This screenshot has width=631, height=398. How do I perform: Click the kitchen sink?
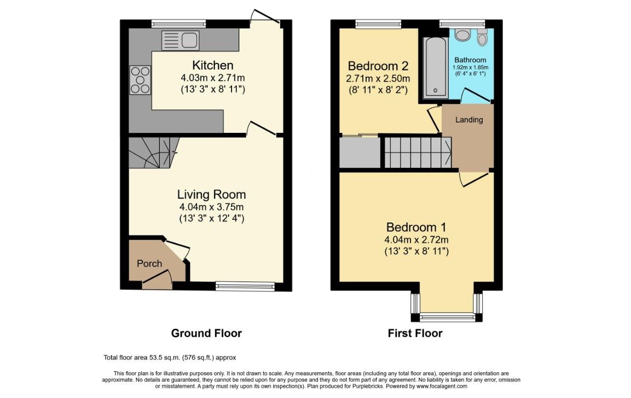[180, 40]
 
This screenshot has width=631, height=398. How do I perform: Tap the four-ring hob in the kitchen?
[140, 80]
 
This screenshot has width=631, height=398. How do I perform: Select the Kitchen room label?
[212, 65]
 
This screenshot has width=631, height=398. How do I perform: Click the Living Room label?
[211, 195]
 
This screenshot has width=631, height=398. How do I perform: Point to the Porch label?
[149, 264]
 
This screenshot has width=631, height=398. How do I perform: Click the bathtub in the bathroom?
[436, 67]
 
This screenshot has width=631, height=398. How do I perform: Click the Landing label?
[469, 120]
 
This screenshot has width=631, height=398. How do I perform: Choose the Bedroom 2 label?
[378, 66]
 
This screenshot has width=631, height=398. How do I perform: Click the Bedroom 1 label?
[416, 227]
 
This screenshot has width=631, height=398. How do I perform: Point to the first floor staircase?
[418, 153]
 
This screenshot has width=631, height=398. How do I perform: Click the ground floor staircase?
[154, 153]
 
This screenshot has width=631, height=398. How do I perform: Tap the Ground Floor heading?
[206, 333]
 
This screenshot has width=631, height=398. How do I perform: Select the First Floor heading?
[415, 333]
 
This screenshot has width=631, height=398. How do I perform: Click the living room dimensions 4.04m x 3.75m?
[211, 207]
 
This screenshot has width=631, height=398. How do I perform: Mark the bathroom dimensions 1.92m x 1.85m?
[471, 68]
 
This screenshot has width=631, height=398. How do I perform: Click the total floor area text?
[170, 358]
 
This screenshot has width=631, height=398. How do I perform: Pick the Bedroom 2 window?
[378, 24]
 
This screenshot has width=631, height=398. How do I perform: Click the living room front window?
[245, 286]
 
